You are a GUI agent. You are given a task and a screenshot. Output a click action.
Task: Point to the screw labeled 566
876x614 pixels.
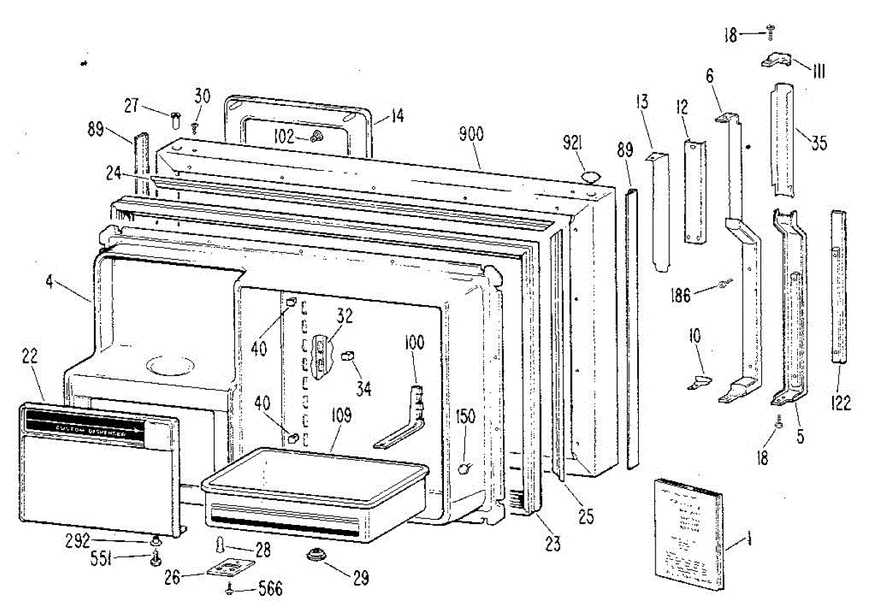(232, 588)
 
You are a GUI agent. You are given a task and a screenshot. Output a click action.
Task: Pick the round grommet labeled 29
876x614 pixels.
(317, 556)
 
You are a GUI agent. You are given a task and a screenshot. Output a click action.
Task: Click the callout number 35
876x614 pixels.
(818, 143)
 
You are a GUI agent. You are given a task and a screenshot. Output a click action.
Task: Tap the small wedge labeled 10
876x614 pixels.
(699, 381)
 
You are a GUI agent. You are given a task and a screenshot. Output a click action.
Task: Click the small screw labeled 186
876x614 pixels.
(725, 283)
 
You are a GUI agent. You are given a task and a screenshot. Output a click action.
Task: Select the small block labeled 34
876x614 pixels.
(347, 356)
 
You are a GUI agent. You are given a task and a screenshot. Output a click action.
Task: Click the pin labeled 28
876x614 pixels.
(219, 545)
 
